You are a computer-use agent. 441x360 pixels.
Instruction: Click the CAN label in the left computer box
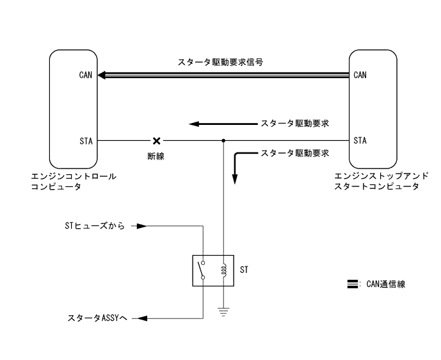coord(86,74)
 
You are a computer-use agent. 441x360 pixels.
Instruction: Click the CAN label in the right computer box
coord(360,74)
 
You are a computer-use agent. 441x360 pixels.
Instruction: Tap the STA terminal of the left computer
coord(86,140)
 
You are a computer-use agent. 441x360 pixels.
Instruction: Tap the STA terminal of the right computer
coord(360,140)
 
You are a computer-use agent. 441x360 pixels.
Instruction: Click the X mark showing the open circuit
coord(156,140)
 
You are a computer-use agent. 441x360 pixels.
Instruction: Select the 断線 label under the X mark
coord(156,156)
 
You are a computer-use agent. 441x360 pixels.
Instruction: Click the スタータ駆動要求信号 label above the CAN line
coord(221,63)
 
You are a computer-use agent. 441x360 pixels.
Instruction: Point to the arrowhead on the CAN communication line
coord(102,74)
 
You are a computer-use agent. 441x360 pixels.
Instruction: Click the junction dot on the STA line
coord(223,140)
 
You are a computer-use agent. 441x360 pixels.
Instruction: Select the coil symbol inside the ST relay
coord(223,270)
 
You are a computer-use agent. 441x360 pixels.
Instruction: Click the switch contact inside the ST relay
coord(203,270)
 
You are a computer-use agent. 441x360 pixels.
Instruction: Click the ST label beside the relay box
coord(245,270)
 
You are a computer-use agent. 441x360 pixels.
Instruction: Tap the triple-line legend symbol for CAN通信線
coord(351,284)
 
